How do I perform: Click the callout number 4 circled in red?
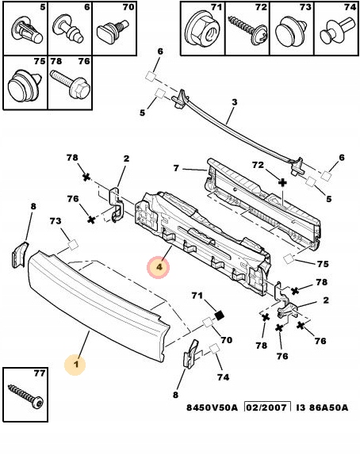click(159, 266)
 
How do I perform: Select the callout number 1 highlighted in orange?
click(76, 364)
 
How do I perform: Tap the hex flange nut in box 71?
click(202, 29)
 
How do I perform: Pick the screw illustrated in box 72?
click(247, 30)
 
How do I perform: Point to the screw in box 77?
click(26, 396)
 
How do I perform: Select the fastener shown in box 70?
click(112, 31)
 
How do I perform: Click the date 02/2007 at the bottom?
click(266, 407)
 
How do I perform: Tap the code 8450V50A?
click(212, 407)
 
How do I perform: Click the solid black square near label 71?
click(220, 315)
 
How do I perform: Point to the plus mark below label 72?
click(282, 182)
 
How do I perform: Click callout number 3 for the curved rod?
click(234, 102)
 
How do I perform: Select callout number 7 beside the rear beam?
click(176, 168)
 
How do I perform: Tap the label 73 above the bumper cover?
click(56, 221)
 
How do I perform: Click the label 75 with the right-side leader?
click(323, 264)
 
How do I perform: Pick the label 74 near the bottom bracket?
click(223, 377)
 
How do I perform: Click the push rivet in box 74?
click(337, 30)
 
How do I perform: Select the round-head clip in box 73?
click(290, 32)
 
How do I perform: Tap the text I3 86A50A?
click(322, 407)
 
